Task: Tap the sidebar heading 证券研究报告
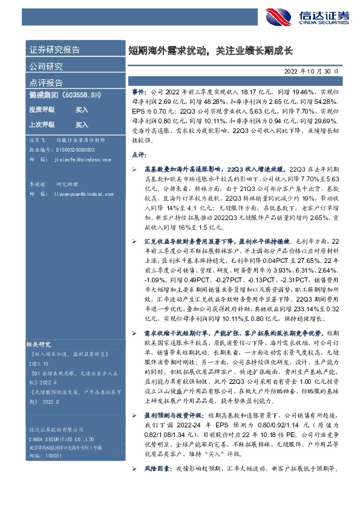tap(54, 50)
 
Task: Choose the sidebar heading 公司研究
tap(46, 66)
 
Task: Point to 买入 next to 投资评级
tap(82, 110)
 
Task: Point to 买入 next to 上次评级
tap(82, 125)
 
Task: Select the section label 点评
tap(139, 155)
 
